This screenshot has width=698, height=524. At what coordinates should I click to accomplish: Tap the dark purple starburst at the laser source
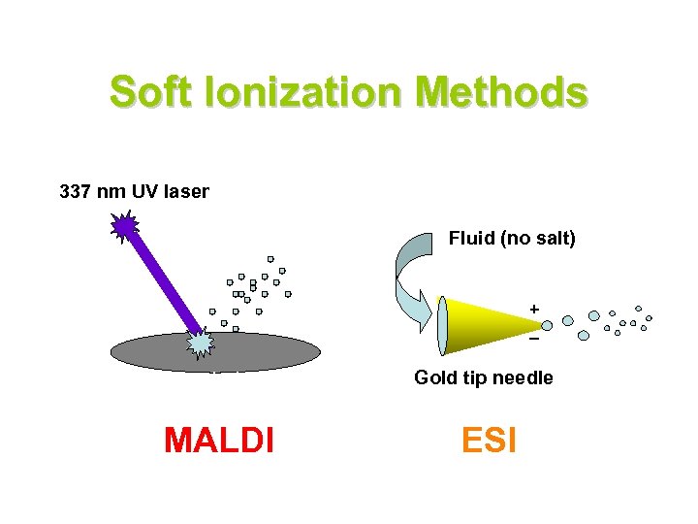click(125, 227)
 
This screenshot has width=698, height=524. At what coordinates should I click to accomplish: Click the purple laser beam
click(160, 281)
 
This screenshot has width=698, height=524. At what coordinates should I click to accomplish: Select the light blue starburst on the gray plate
click(200, 342)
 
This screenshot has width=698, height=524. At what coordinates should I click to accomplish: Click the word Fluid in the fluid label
click(471, 238)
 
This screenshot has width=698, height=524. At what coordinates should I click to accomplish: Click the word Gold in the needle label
click(433, 377)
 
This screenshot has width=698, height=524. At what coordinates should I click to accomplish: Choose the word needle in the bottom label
click(523, 377)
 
